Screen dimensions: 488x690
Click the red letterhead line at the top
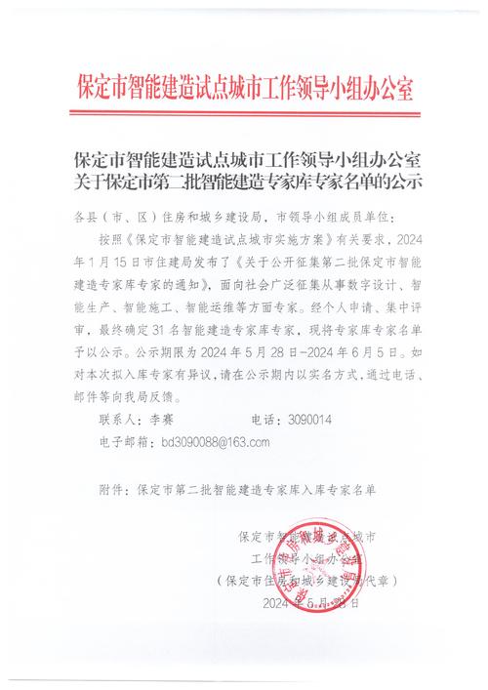click(x=244, y=87)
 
